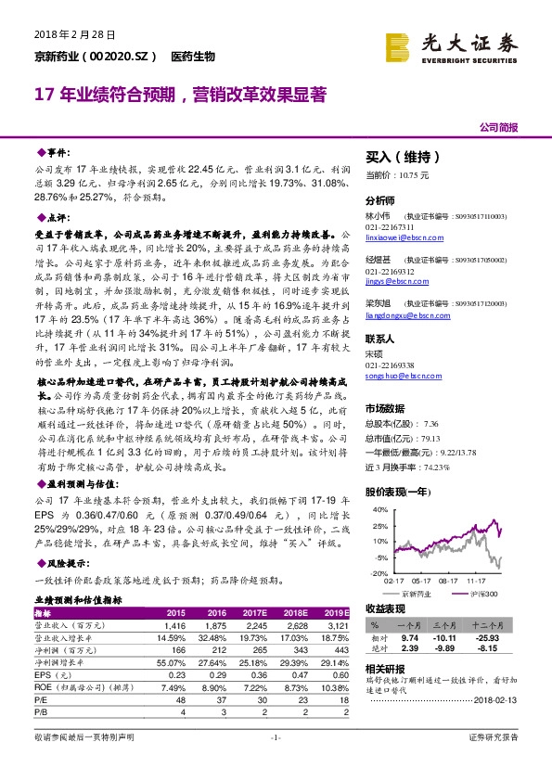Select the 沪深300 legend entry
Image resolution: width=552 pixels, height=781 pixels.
click(x=479, y=592)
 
